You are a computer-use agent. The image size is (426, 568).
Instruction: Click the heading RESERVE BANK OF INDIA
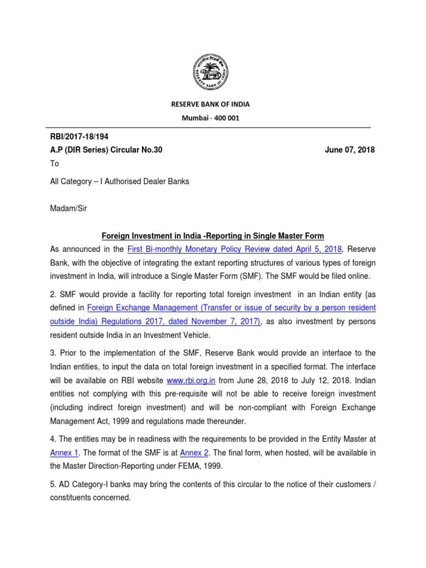click(213, 104)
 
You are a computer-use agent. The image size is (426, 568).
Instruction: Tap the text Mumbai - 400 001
click(213, 119)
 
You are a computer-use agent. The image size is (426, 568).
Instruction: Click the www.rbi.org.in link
click(191, 381)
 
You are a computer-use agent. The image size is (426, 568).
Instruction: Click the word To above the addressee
click(55, 164)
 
